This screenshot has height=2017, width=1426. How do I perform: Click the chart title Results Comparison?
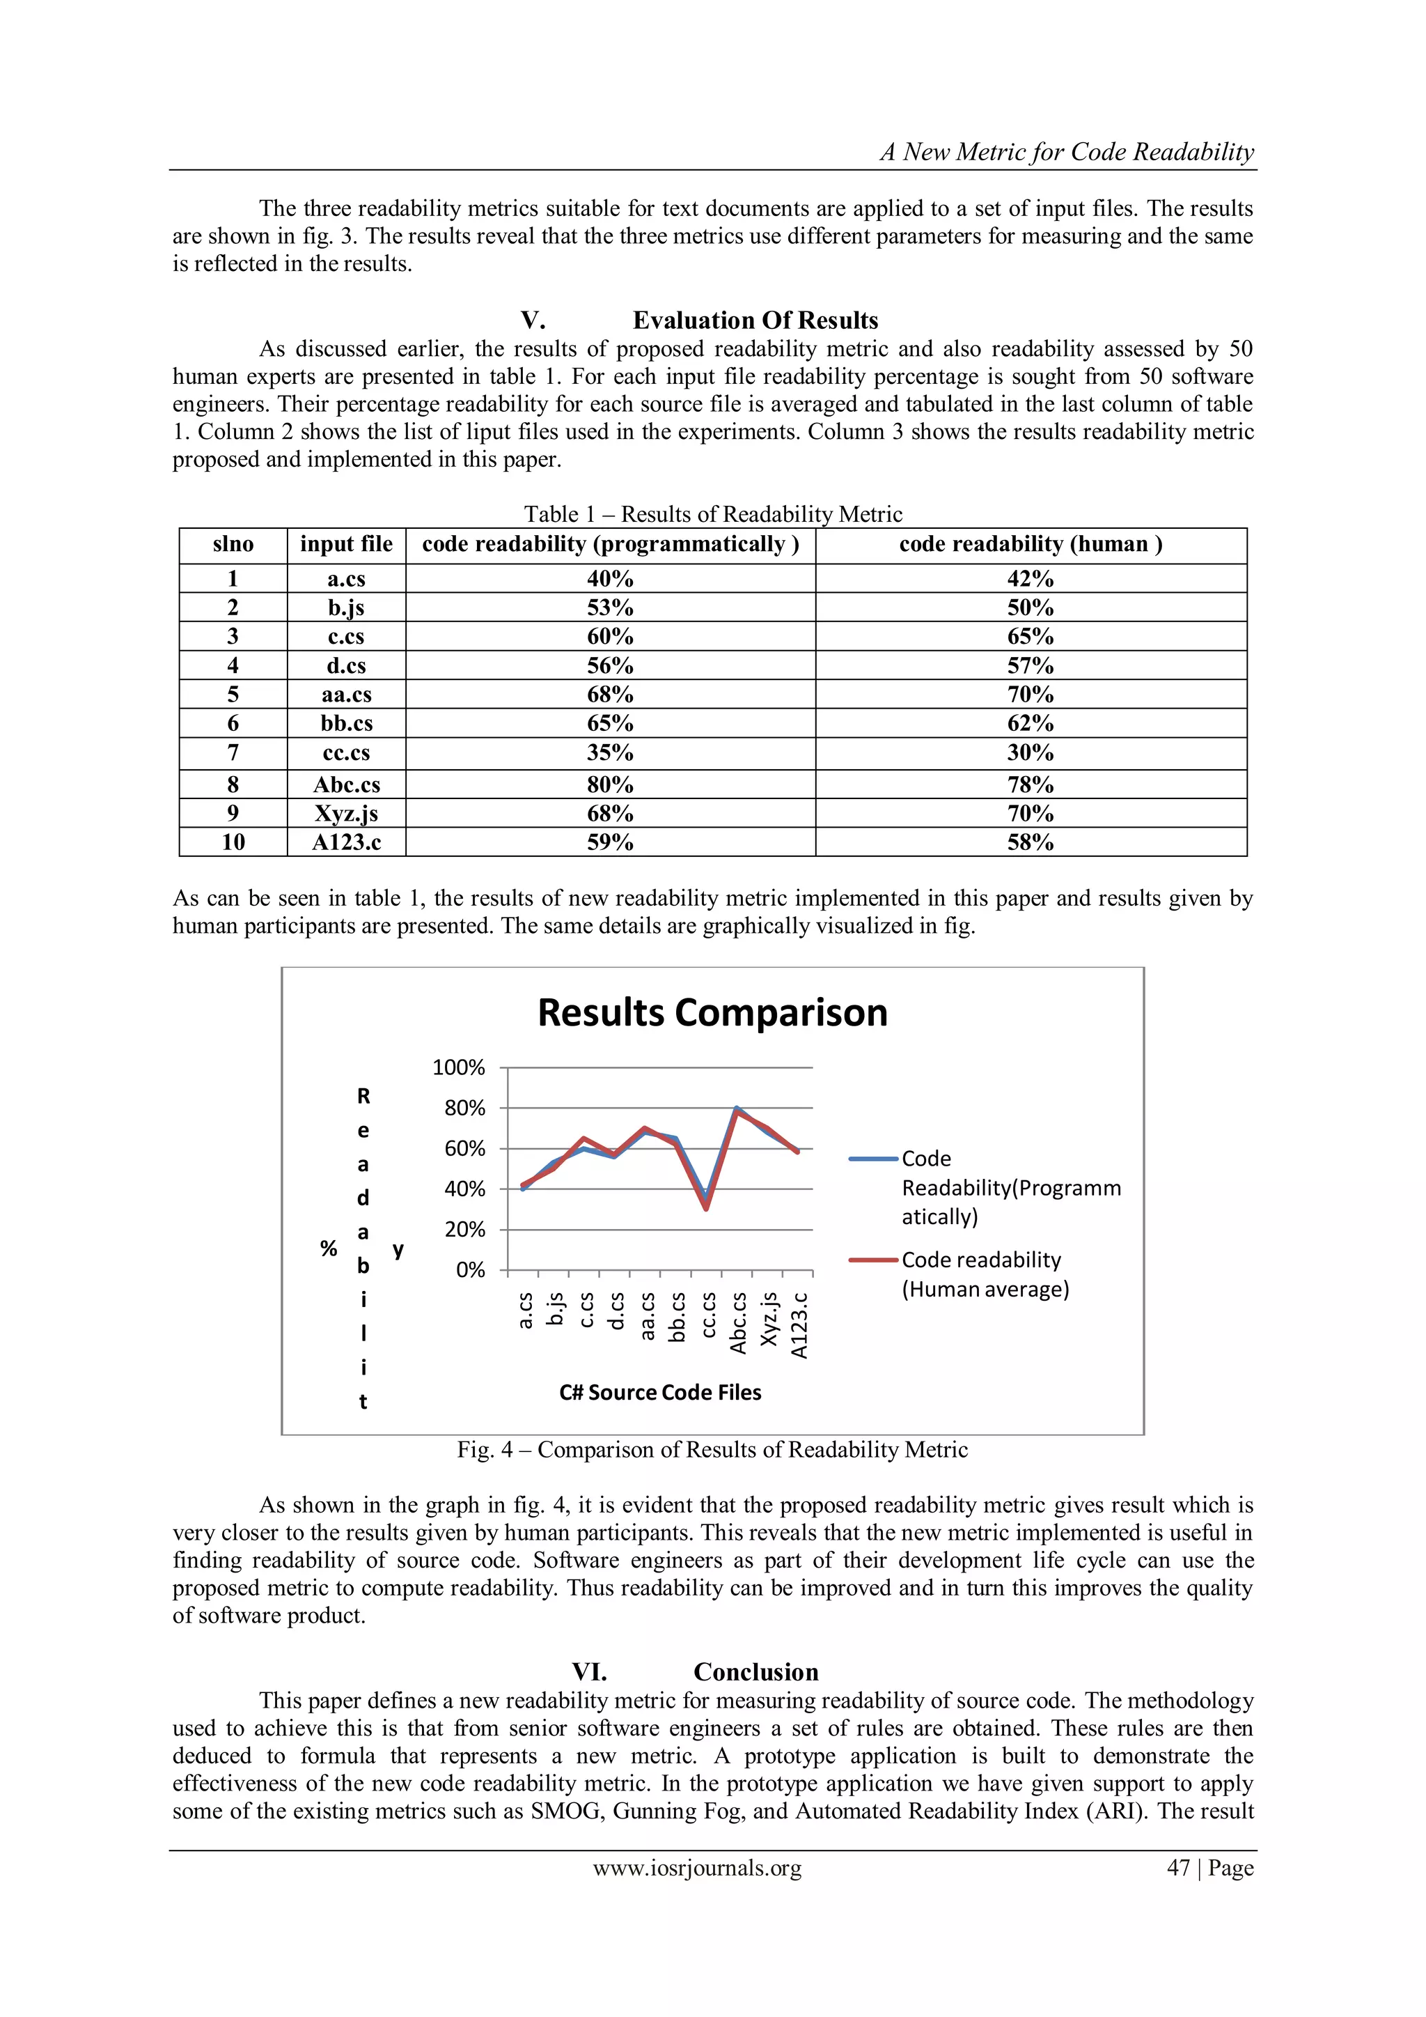coord(712,1013)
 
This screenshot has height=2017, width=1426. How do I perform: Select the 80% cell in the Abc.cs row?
coord(609,785)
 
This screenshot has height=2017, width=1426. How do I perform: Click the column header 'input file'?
coord(346,545)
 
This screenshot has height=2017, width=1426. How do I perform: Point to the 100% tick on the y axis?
coord(458,1067)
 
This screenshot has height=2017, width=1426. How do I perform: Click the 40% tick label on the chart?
coord(464,1189)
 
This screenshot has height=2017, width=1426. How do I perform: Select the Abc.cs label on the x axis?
coord(739,1323)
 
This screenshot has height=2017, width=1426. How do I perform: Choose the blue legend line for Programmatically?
coord(875,1159)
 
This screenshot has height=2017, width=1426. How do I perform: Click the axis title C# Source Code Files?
coord(660,1393)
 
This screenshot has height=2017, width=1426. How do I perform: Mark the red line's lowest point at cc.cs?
coord(706,1209)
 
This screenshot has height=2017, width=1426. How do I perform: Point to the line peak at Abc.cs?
coord(737,1108)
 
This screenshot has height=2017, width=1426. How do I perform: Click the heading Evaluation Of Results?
coord(755,320)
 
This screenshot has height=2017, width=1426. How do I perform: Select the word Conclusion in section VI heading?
coord(755,1671)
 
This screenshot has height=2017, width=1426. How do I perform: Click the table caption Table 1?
coord(712,514)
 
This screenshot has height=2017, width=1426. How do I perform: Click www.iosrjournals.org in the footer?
coord(697,1868)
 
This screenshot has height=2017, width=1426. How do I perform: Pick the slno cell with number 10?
coord(233,842)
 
